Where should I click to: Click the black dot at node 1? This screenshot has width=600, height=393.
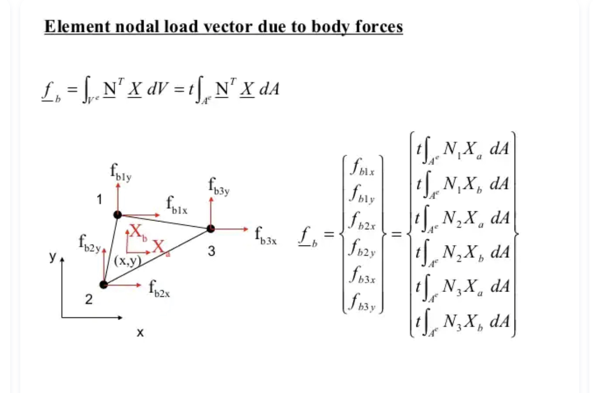pos(117,215)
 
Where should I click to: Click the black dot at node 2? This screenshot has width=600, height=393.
pos(103,284)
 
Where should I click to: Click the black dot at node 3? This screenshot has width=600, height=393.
pos(211,229)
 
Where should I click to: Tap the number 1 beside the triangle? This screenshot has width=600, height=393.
pos(99,200)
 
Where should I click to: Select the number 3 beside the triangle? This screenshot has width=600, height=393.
pos(212,251)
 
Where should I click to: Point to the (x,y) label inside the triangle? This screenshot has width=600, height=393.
pos(128,261)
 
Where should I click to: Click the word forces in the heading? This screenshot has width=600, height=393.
pos(379,27)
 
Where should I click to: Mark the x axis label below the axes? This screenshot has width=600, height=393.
pos(140,333)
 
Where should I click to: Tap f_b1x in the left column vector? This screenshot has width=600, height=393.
pos(362,169)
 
